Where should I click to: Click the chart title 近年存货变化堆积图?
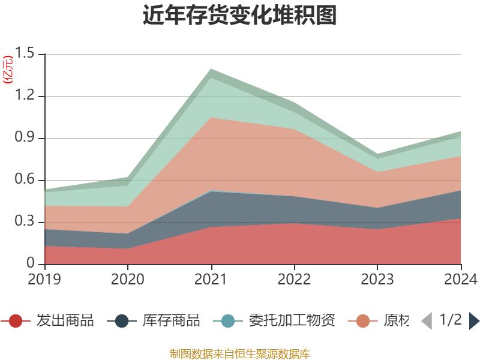click(x=239, y=16)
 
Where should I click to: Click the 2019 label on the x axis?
click(x=44, y=279)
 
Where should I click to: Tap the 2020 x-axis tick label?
click(x=128, y=279)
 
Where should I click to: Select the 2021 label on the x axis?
click(x=211, y=279)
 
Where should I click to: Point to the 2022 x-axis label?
click(x=294, y=279)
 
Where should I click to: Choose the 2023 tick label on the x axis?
click(x=377, y=279)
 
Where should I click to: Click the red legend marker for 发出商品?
click(x=16, y=321)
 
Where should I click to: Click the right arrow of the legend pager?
click(x=474, y=321)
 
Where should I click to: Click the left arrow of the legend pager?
click(x=427, y=321)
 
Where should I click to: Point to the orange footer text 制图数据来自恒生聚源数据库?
click(x=239, y=353)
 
